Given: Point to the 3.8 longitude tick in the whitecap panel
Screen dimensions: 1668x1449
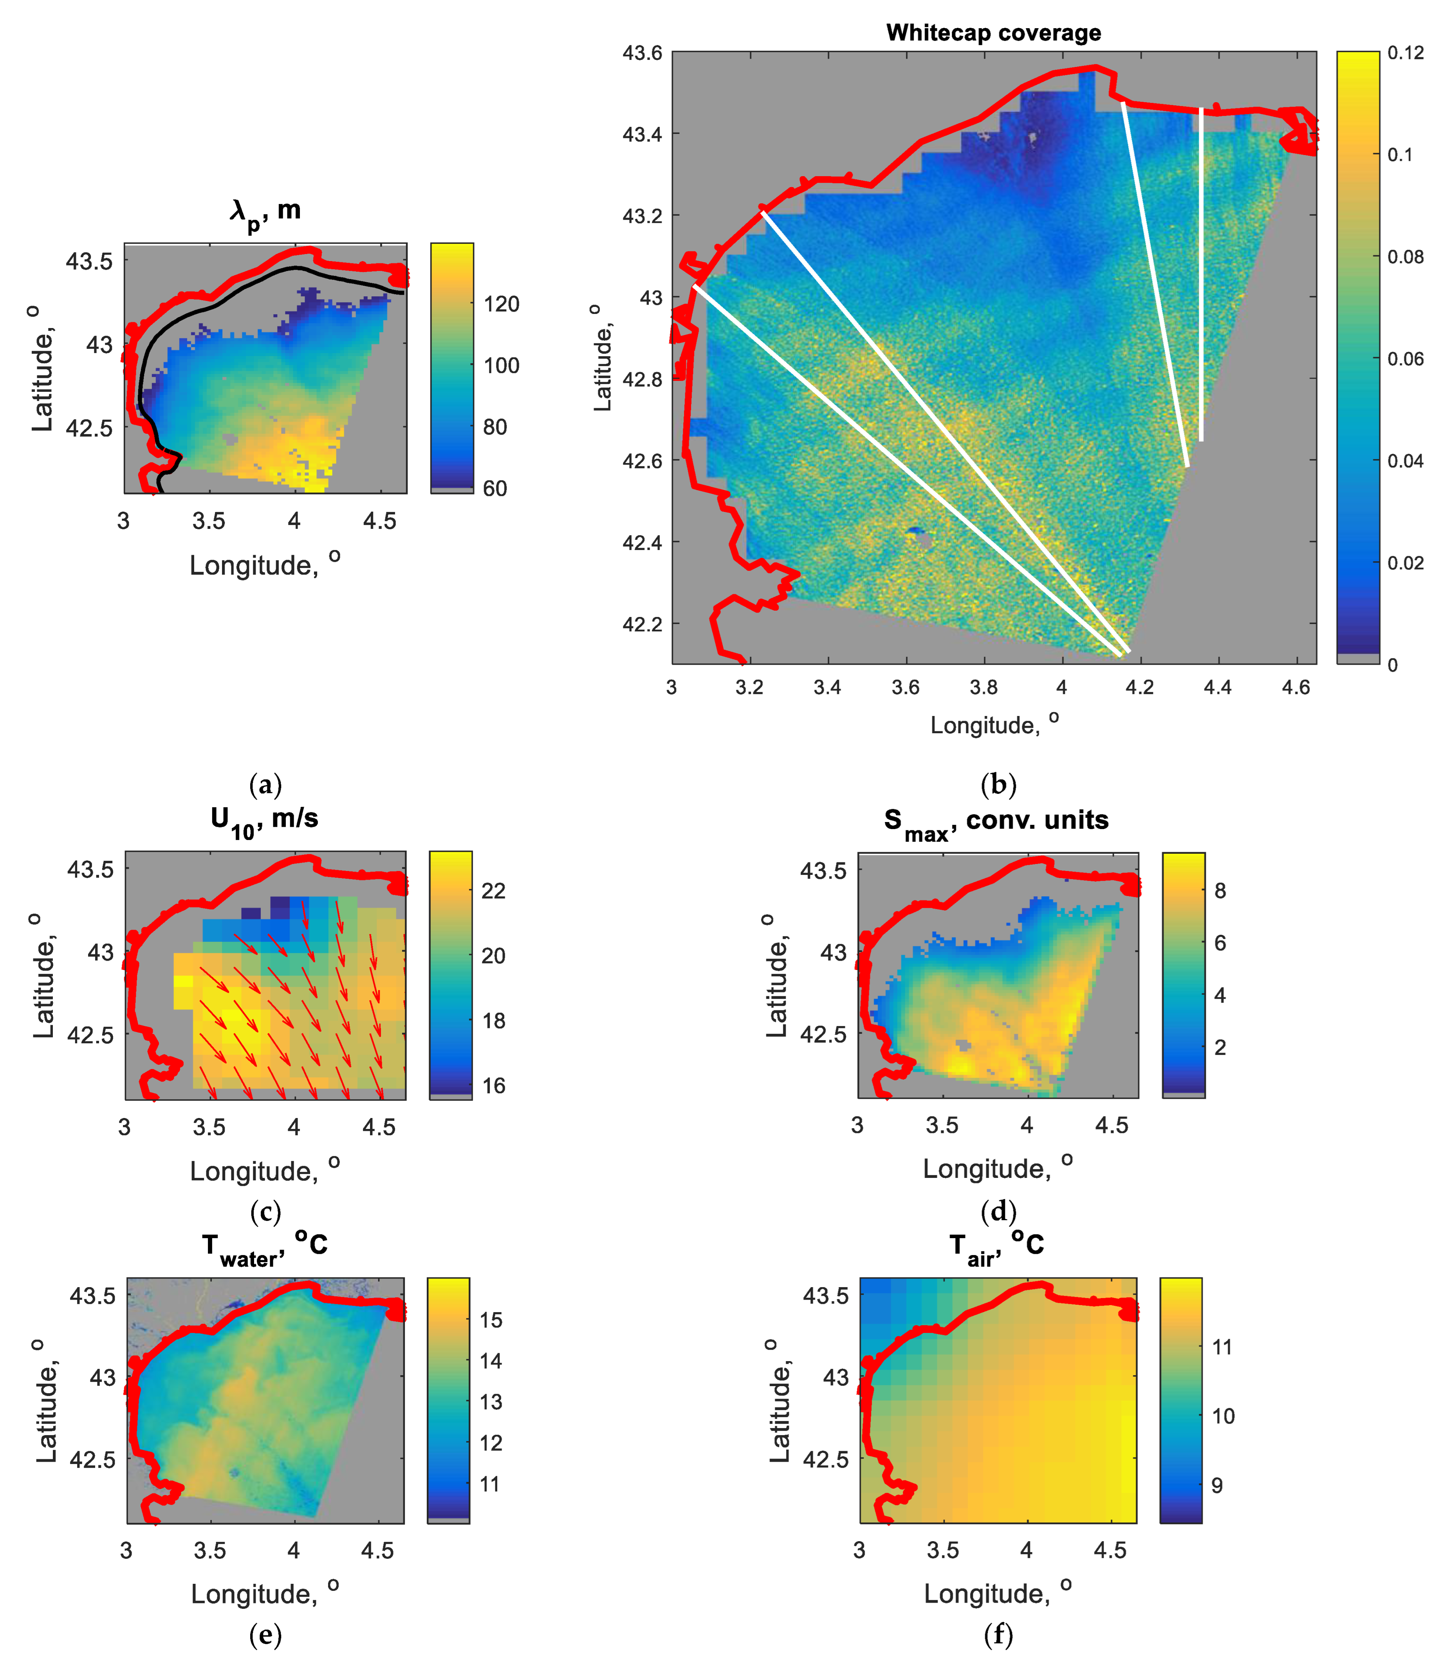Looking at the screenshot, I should pos(983,687).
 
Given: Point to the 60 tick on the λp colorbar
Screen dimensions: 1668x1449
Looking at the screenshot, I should pos(495,489).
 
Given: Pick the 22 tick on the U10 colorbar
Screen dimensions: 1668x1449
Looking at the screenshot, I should pos(493,891).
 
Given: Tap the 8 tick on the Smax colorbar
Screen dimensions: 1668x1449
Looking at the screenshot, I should pos(1220,891).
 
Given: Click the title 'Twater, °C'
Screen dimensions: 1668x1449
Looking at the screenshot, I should pos(264,1245).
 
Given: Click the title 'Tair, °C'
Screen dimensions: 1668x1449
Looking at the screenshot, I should pos(996,1245).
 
